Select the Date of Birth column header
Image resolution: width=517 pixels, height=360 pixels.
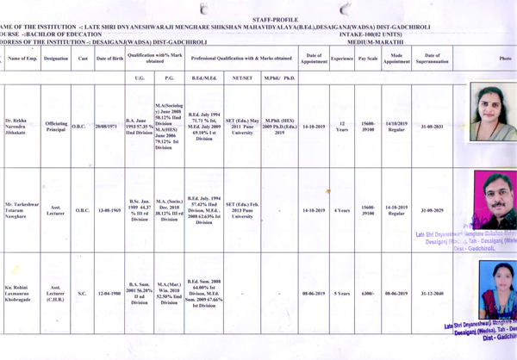(109, 58)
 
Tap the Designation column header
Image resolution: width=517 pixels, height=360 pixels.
(56, 58)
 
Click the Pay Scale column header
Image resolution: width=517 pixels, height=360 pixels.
(368, 58)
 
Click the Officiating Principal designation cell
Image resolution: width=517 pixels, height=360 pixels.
(56, 127)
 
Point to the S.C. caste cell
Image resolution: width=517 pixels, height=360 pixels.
(83, 294)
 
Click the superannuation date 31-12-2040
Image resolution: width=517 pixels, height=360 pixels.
(432, 293)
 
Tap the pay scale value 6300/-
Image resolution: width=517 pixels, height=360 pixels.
(368, 293)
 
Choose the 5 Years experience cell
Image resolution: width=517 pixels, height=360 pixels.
(342, 293)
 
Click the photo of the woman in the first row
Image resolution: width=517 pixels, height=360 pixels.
(491, 114)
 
